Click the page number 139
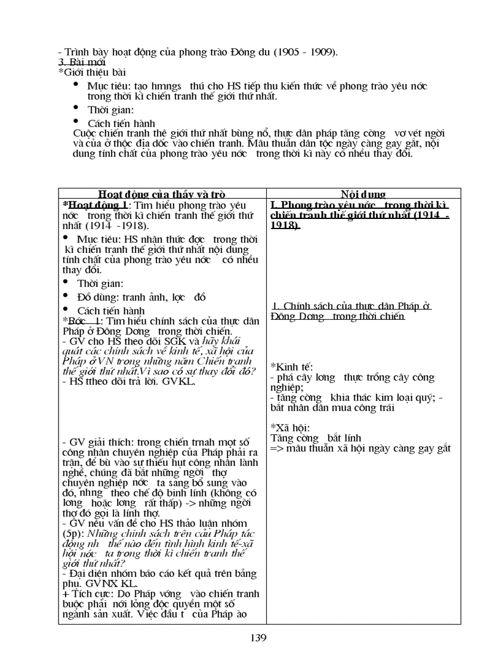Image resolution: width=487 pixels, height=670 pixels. click(258, 637)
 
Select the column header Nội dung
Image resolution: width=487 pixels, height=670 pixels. click(363, 194)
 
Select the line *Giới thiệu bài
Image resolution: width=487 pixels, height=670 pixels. click(92, 72)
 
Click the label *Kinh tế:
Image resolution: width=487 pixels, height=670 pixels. click(292, 366)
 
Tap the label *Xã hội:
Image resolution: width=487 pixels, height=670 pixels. click(290, 428)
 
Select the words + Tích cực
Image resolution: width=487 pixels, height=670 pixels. click(87, 594)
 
